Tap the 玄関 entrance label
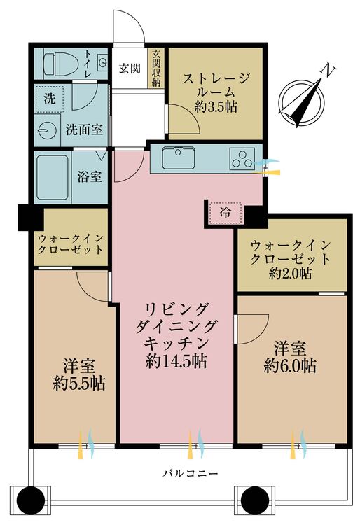pyautogui.click(x=128, y=69)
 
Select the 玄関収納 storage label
pyautogui.click(x=156, y=69)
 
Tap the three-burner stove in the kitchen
pyautogui.click(x=242, y=159)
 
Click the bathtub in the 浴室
pyautogui.click(x=53, y=176)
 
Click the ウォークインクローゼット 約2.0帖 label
pyautogui.click(x=290, y=259)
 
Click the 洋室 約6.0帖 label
pyautogui.click(x=289, y=356)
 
